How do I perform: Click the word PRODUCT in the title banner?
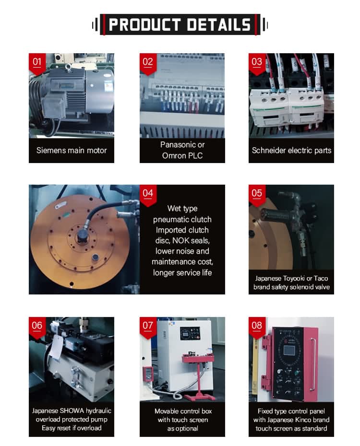pyautogui.click(x=144, y=24)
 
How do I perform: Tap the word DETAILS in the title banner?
pyautogui.click(x=219, y=24)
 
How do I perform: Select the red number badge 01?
pyautogui.click(x=37, y=64)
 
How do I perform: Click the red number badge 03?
pyautogui.click(x=257, y=64)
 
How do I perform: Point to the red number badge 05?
pyautogui.click(x=257, y=195)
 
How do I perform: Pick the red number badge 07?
pyautogui.click(x=148, y=328)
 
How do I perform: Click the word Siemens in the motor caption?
pyautogui.click(x=50, y=150)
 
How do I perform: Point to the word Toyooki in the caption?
pyautogui.click(x=293, y=279)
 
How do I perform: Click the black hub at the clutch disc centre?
pyautogui.click(x=82, y=236)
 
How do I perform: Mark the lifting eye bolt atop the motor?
pyautogui.click(x=68, y=68)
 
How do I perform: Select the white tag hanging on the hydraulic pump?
pyautogui.click(x=55, y=347)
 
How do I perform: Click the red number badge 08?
pyautogui.click(x=257, y=328)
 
